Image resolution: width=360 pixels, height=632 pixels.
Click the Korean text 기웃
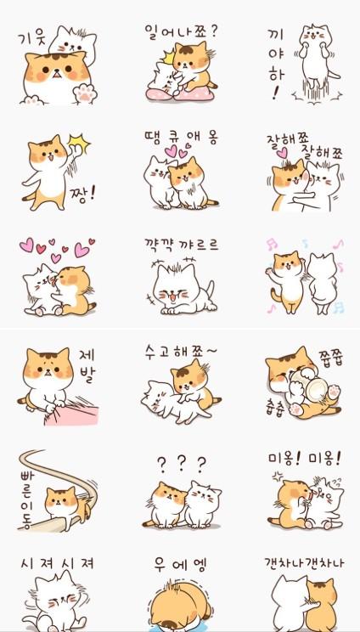tap(32, 40)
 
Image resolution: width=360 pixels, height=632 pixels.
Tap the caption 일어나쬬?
tap(180, 31)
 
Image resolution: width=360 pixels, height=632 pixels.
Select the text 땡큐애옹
tap(181, 138)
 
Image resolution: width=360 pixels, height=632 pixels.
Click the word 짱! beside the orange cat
tap(82, 196)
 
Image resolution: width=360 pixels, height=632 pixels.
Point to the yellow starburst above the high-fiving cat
tap(78, 144)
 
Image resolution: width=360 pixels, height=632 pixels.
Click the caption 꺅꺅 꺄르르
tap(181, 245)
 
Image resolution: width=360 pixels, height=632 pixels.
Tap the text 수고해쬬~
tap(180, 352)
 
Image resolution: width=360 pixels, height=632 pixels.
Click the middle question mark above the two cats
tap(181, 465)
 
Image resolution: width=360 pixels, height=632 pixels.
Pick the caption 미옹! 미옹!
tap(305, 458)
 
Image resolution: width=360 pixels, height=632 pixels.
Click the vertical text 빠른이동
tap(26, 499)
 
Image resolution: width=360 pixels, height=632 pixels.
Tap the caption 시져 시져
tap(57, 562)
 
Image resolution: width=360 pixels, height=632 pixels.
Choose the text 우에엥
tap(181, 564)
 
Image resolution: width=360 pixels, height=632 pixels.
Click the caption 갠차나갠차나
tap(304, 562)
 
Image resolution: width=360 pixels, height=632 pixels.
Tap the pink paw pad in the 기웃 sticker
tap(85, 93)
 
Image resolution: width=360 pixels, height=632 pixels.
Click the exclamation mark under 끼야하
tap(275, 93)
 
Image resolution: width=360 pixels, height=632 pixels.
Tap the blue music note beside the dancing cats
tap(338, 308)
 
